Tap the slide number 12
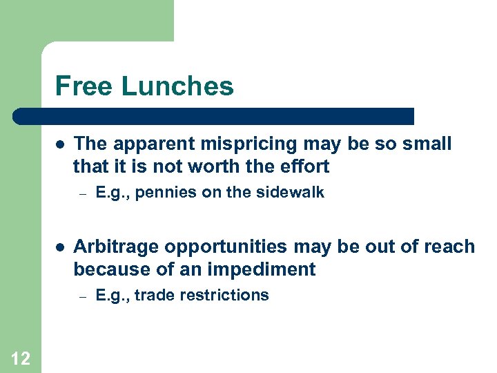coord(21,358)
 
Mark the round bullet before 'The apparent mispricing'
coord(60,144)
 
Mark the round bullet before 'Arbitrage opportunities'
coord(60,247)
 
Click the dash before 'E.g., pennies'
coord(81,193)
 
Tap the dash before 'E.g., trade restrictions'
coord(81,296)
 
